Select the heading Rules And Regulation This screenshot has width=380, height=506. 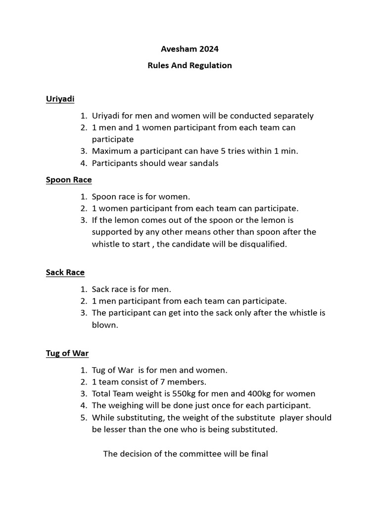pyautogui.click(x=190, y=65)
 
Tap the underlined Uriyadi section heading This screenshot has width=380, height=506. pyautogui.click(x=60, y=99)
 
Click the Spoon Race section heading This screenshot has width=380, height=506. pyautogui.click(x=69, y=180)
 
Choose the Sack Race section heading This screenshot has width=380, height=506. pyautogui.click(x=65, y=272)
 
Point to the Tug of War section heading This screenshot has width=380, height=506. pyautogui.click(x=67, y=353)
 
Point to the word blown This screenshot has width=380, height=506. pyautogui.click(x=105, y=325)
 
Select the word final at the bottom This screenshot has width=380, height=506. pyautogui.click(x=258, y=454)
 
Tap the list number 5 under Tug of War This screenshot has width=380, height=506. pyautogui.click(x=83, y=418)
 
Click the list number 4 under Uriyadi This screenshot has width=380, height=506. pyautogui.click(x=83, y=163)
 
